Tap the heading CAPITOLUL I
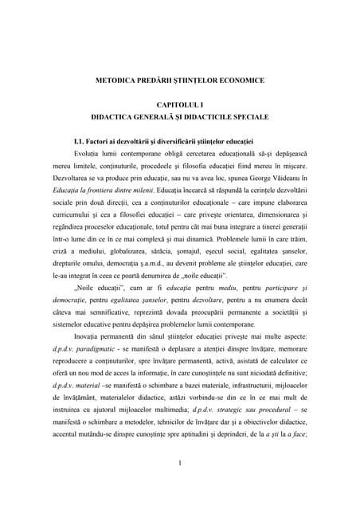pos(179,104)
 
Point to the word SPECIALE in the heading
pos(246,116)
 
